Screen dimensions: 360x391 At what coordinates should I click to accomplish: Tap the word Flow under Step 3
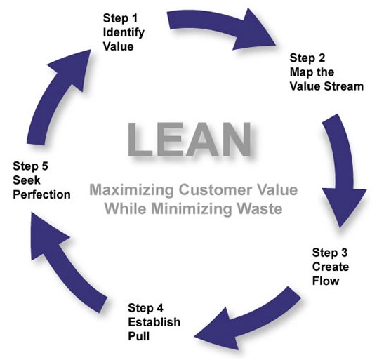coord(328,281)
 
